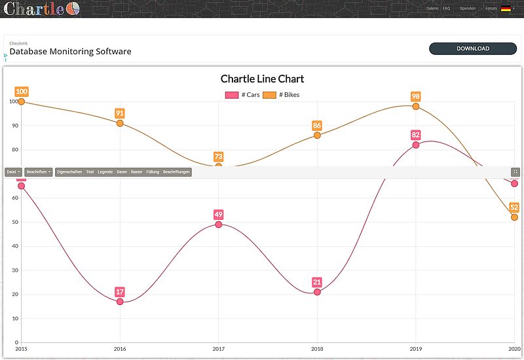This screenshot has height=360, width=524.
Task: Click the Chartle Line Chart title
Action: point(262,79)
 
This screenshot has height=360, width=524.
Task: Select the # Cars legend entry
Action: point(242,95)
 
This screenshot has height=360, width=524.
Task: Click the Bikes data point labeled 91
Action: point(120,123)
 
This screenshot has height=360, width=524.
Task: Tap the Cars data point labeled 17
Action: point(120,302)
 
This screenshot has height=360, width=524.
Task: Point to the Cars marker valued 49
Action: point(218,225)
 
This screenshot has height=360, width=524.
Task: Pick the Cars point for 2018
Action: point(317,292)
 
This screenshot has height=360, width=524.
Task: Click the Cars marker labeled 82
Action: point(416,145)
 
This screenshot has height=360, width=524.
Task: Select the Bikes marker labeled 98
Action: point(416,106)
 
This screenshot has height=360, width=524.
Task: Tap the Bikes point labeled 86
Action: point(317,135)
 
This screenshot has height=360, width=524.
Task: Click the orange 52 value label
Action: point(514,207)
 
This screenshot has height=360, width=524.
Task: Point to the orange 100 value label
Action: point(22,92)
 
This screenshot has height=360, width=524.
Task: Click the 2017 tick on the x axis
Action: point(218,349)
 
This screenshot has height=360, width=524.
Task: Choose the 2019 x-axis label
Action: point(415,349)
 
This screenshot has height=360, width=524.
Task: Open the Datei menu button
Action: point(13,172)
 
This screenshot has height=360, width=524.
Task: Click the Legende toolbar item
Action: point(105,172)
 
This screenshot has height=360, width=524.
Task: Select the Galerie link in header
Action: point(432,9)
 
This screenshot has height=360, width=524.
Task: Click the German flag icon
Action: point(506,9)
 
